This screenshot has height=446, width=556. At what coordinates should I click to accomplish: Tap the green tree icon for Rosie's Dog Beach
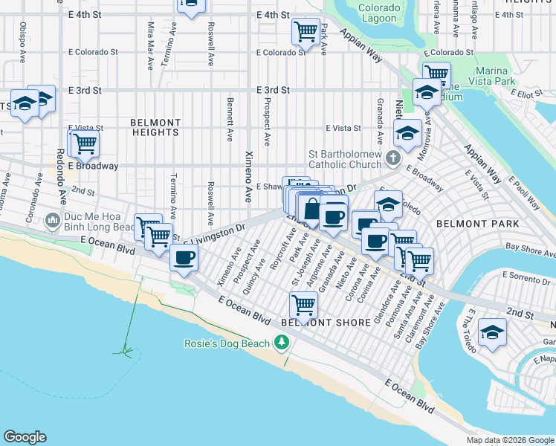click(x=282, y=342)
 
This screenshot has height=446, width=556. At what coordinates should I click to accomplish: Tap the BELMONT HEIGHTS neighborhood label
click(x=155, y=127)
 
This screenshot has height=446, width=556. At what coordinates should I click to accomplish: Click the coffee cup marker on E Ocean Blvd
click(x=184, y=258)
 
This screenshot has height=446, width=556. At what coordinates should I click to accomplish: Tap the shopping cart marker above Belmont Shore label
click(x=303, y=303)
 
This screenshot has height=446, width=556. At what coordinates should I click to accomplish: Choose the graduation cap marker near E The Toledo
click(x=491, y=332)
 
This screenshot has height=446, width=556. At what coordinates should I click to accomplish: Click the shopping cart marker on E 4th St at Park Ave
click(x=305, y=31)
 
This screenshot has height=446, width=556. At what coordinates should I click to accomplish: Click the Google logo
click(x=25, y=437)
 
